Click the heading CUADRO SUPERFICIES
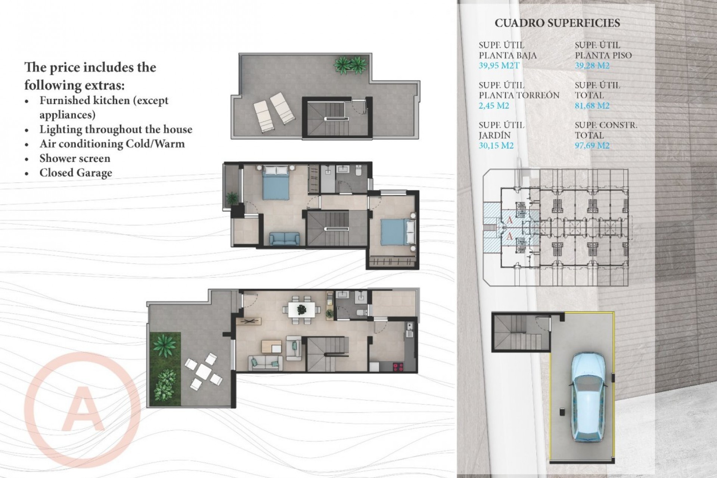point(557,23)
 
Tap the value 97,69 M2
point(592,146)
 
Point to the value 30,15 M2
point(496,146)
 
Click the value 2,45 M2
point(494,106)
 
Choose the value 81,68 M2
point(592,106)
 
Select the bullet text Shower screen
point(75,158)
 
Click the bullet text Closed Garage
point(76,173)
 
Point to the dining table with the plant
point(301,309)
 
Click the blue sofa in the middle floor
point(284,239)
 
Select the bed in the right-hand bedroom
point(398,232)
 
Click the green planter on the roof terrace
point(350,65)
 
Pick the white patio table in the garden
point(204,370)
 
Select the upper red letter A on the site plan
point(509,220)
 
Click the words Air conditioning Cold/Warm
point(112,144)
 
